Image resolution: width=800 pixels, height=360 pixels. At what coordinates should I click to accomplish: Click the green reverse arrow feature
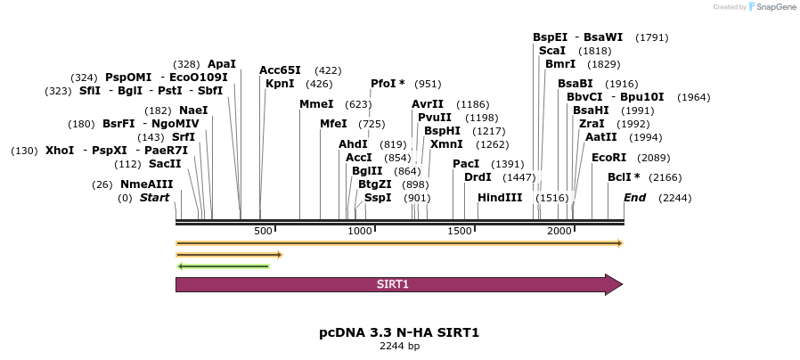pos(224,266)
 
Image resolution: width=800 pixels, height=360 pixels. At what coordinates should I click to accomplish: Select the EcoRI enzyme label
pos(609,158)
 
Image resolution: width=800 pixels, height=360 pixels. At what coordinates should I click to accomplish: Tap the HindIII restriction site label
pos(500,198)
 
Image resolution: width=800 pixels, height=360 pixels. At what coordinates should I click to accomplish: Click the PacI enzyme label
pos(466,164)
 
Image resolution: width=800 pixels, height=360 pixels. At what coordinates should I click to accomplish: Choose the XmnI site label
pos(446,144)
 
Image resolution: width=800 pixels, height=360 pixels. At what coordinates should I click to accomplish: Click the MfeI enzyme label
pos(333,124)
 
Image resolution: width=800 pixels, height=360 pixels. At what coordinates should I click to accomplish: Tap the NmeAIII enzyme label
pos(147,184)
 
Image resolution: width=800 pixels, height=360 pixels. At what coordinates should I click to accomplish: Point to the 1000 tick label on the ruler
pos(360,231)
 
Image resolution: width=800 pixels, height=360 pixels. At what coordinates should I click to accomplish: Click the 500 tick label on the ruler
pos(263,231)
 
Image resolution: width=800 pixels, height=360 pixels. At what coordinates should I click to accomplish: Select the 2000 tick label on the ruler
pos(559,231)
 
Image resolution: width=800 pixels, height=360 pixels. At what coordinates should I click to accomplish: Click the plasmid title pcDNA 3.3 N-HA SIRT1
pos(399,332)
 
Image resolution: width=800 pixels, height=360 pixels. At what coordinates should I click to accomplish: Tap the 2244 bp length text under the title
pos(399,346)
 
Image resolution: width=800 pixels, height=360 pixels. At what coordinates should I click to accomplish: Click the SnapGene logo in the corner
pos(771,7)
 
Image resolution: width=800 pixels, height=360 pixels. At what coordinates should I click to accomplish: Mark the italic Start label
pos(154,198)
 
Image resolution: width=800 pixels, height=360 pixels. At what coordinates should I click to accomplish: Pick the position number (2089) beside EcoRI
pos(655,158)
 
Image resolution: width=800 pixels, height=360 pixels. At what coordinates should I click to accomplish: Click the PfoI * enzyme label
pos(388,84)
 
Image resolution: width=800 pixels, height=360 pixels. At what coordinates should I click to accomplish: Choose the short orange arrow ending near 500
pos(229,254)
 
